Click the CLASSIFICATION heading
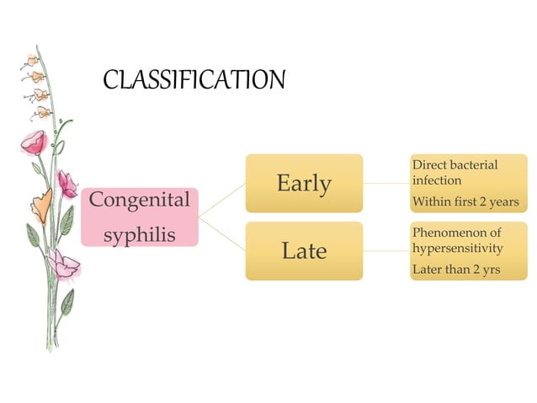pyautogui.click(x=194, y=81)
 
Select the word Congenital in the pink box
pyautogui.click(x=140, y=201)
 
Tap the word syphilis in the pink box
pyautogui.click(x=140, y=234)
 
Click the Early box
pyautogui.click(x=304, y=183)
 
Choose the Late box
pyautogui.click(x=304, y=250)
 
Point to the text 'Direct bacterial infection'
pyautogui.click(x=455, y=172)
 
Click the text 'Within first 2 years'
pyautogui.click(x=465, y=202)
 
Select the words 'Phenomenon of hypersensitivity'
pyautogui.click(x=457, y=239)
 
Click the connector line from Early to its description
pyautogui.click(x=386, y=183)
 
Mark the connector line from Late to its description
pyautogui.click(x=386, y=250)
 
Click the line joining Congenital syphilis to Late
pyautogui.click(x=222, y=234)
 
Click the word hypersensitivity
pyautogui.click(x=457, y=248)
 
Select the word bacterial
pyautogui.click(x=475, y=164)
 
